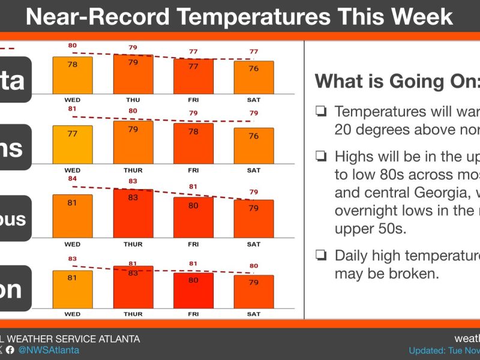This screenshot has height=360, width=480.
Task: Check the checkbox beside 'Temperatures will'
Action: pyautogui.click(x=322, y=111)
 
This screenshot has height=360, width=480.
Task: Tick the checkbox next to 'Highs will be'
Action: pyautogui.click(x=322, y=157)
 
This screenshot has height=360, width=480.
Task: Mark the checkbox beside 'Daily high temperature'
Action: pyautogui.click(x=322, y=256)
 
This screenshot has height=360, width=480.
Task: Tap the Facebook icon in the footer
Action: pyautogui.click(x=10, y=350)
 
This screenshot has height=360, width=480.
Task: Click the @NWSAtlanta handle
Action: pyautogui.click(x=49, y=350)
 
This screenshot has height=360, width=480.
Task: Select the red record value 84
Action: pyautogui.click(x=73, y=178)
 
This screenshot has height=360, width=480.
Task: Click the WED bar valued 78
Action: pyautogui.click(x=73, y=75)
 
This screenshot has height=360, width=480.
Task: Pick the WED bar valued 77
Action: pyautogui.click(x=73, y=144)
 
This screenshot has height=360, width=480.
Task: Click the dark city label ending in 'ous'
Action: pyautogui.click(x=14, y=218)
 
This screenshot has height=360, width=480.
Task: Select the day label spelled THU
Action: pyautogui.click(x=133, y=99)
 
